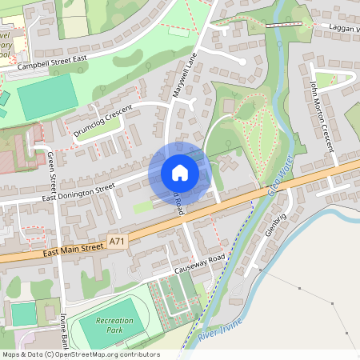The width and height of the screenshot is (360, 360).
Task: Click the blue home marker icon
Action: [x=180, y=173]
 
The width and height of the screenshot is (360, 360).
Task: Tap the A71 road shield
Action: [x=118, y=240]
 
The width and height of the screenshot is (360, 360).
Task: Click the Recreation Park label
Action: [x=114, y=325]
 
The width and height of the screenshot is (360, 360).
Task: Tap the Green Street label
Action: [x=51, y=171]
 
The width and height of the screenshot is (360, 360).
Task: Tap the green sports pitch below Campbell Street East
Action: [x=47, y=97]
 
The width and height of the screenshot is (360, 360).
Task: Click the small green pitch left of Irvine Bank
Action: [x=23, y=313]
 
